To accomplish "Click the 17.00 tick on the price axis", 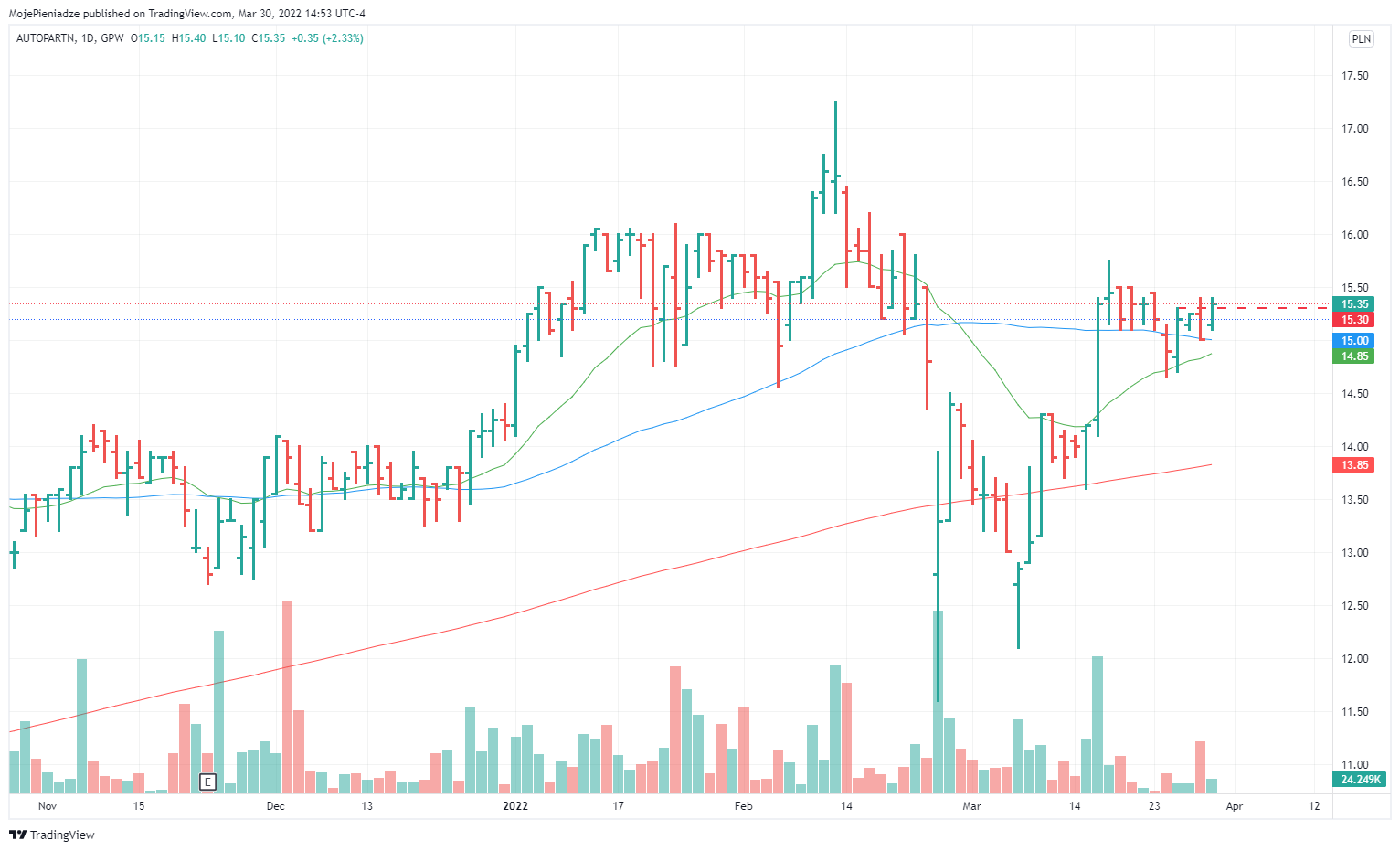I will pyautogui.click(x=1354, y=129).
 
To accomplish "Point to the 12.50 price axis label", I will pyautogui.click(x=1354, y=606).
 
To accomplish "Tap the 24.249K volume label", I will pyautogui.click(x=1360, y=780).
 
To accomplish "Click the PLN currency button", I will pyautogui.click(x=1361, y=38).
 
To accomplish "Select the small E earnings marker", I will pyautogui.click(x=207, y=782).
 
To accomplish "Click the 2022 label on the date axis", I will pyautogui.click(x=515, y=806).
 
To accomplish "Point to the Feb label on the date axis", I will pyautogui.click(x=743, y=806).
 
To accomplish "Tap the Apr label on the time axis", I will pyautogui.click(x=1235, y=806).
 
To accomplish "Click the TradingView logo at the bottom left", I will pyautogui.click(x=52, y=835).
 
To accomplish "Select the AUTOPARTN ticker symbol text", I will pyautogui.click(x=46, y=38).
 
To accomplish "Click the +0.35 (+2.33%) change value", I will pyautogui.click(x=327, y=38).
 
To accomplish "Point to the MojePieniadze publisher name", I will pyautogui.click(x=44, y=14).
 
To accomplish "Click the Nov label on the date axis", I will pyautogui.click(x=48, y=806).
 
